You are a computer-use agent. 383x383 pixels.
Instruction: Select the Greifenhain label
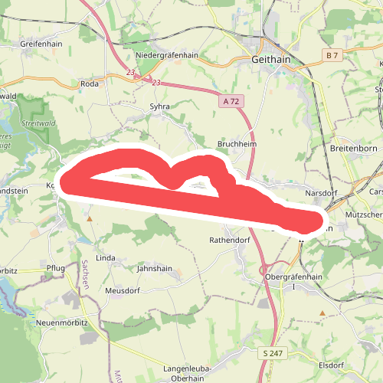coord(40,44)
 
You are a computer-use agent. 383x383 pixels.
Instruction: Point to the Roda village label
coord(90,84)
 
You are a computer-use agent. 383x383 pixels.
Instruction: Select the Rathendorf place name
coord(230,240)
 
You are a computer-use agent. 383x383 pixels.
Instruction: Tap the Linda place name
coord(106,257)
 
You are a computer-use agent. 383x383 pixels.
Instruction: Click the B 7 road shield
coord(331,56)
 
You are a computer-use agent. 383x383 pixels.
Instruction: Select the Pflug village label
coord(56,267)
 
